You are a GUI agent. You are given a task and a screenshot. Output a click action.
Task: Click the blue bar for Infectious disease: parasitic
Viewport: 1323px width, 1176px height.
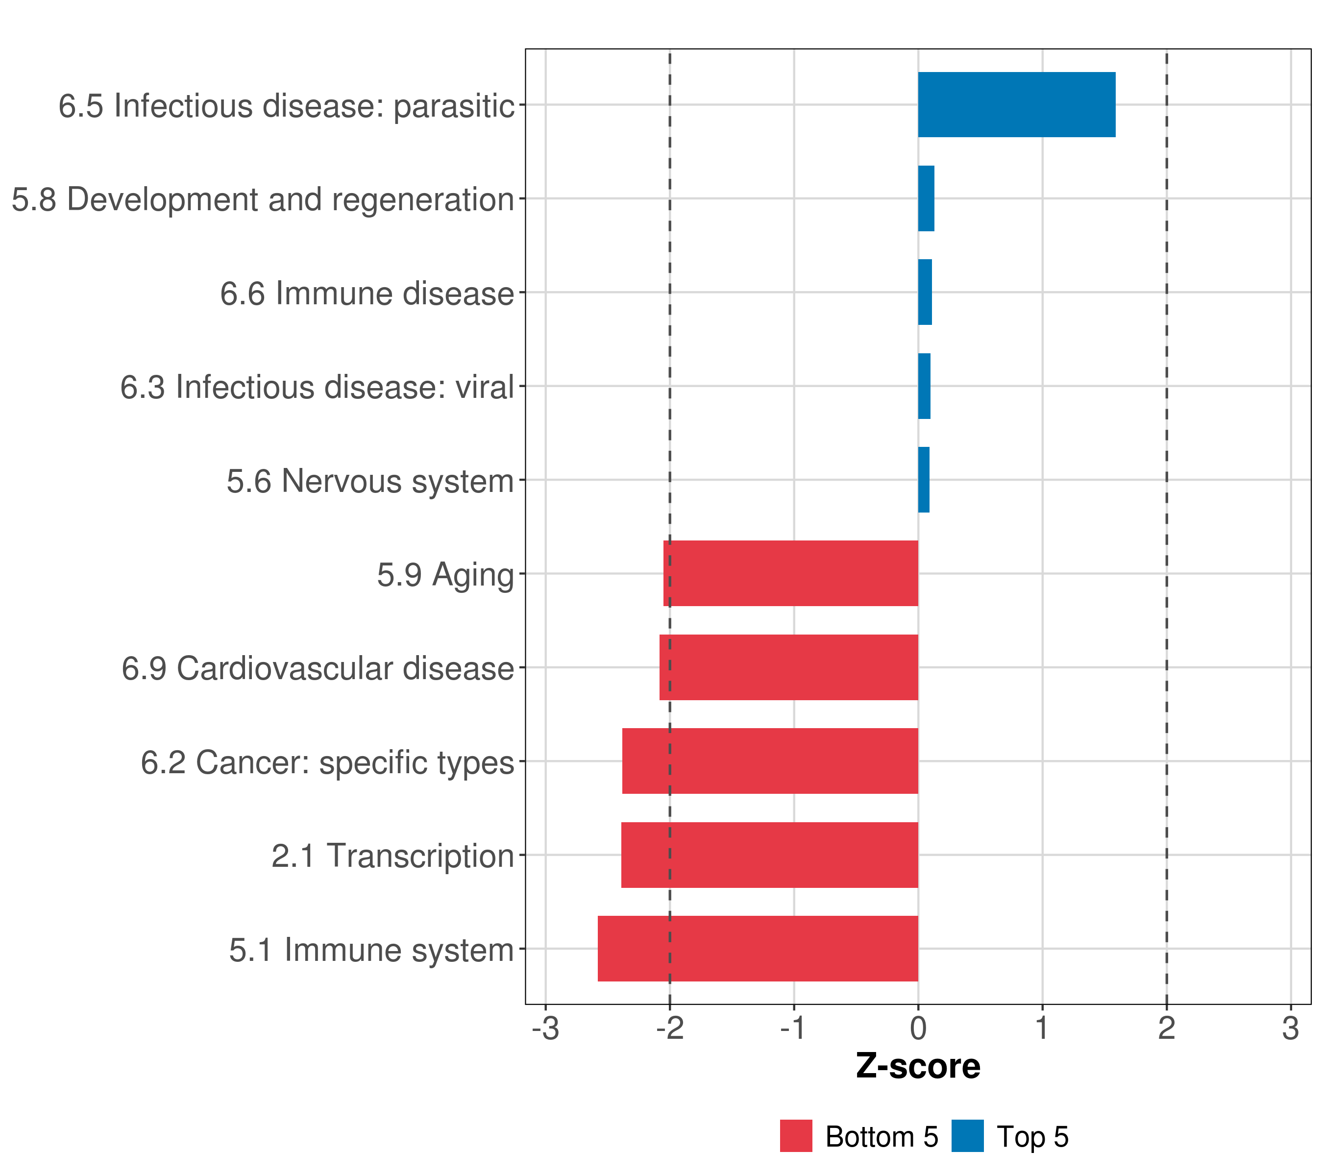point(1016,105)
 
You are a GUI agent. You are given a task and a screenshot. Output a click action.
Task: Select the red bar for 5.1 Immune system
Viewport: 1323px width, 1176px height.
point(757,949)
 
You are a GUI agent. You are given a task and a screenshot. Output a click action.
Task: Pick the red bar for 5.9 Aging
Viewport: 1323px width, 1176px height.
point(790,573)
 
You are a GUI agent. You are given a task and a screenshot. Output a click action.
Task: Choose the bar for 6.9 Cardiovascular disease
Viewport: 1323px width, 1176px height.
point(788,667)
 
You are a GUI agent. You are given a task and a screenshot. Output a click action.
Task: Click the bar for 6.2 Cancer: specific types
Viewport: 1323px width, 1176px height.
point(770,761)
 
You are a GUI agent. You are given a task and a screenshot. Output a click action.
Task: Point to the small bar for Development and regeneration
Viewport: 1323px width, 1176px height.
point(926,199)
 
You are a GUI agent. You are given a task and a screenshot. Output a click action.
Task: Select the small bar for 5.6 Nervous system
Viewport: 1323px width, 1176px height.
point(924,480)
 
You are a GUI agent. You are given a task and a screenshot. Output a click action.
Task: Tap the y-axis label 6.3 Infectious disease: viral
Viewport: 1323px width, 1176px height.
point(317,388)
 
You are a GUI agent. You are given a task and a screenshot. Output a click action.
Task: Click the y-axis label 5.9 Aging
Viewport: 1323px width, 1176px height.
point(445,575)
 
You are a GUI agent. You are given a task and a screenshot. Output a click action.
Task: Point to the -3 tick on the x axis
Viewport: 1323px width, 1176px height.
point(546,1029)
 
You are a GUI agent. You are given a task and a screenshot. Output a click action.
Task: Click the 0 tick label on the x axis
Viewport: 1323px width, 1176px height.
point(918,1029)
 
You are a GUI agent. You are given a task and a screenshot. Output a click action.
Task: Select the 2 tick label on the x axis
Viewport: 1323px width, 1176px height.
point(1166,1029)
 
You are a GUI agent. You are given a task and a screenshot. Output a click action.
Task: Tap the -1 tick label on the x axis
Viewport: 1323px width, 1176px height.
point(793,1029)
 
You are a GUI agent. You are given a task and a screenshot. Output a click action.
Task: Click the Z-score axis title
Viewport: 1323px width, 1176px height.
point(918,1067)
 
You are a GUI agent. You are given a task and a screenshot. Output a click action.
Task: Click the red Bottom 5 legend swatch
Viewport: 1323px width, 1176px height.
point(795,1136)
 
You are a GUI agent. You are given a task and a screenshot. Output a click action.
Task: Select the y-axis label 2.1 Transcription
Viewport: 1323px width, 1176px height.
point(392,856)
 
